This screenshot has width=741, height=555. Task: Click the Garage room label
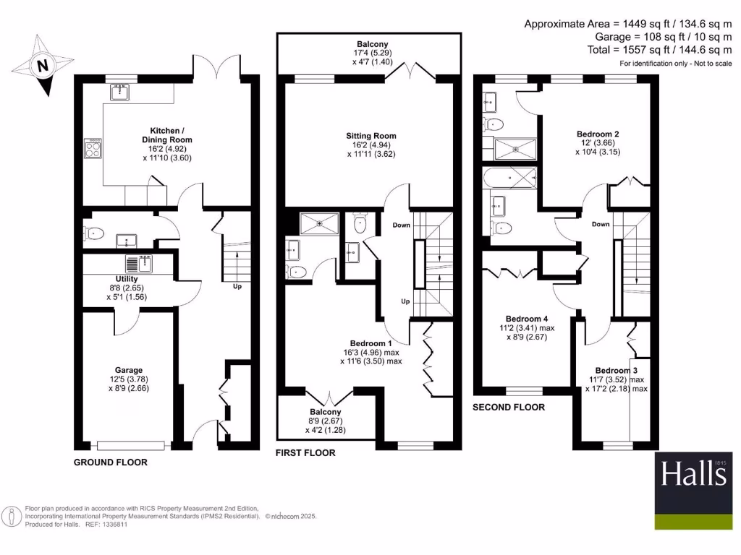(130, 369)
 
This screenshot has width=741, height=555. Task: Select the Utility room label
(127, 278)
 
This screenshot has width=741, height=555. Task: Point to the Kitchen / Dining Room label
(166, 135)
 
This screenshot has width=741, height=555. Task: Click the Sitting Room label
(372, 136)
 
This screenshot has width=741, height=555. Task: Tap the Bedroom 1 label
(370, 343)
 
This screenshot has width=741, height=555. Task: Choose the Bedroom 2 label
(597, 134)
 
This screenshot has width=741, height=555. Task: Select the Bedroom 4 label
(527, 319)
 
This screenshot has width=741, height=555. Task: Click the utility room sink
(141, 263)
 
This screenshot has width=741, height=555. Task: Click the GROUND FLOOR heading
(111, 462)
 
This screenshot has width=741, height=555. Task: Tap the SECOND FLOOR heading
(508, 408)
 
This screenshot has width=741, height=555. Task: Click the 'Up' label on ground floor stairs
(237, 287)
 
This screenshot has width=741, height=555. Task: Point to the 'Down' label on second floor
(601, 224)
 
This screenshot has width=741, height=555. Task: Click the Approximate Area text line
(628, 23)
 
